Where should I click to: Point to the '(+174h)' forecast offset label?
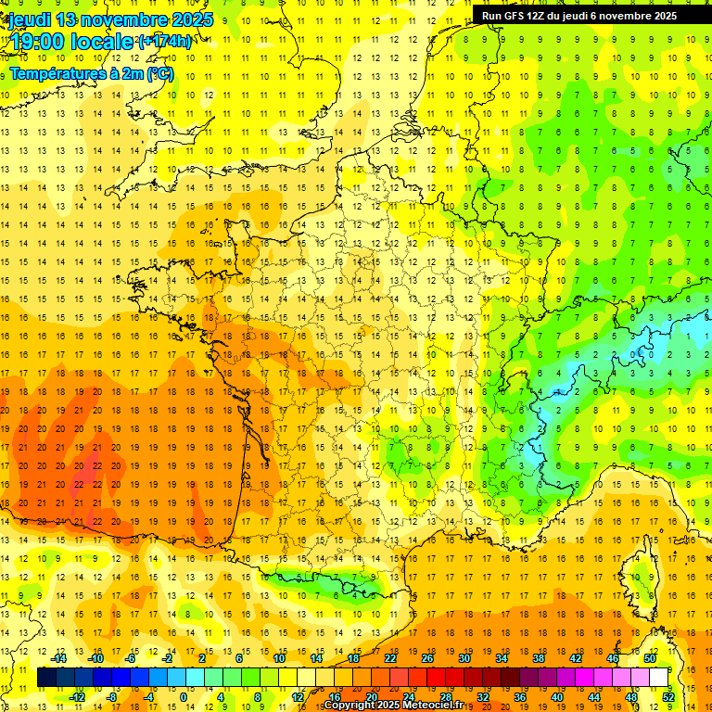point(164,42)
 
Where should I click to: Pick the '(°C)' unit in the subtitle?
point(159,73)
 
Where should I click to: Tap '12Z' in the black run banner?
point(541,16)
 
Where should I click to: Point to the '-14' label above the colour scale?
point(59,658)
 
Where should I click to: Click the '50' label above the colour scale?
point(649,658)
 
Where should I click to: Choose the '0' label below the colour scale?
point(183,697)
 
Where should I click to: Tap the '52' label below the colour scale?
point(667,697)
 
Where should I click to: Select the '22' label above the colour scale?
point(390,658)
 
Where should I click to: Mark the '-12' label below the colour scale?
point(77,697)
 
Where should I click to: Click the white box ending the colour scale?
point(659,678)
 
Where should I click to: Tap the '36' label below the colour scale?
point(520,697)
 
